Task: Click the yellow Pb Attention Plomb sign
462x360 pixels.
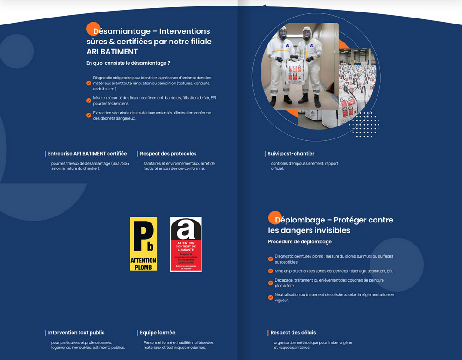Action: (143, 244)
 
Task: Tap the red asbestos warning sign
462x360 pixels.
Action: (186, 244)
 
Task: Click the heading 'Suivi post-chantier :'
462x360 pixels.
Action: (292, 154)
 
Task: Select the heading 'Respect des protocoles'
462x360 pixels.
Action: (168, 154)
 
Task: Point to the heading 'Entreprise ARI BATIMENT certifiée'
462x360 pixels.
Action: (87, 154)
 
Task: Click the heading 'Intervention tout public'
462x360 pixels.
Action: (76, 333)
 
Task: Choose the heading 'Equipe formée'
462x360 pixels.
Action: (158, 333)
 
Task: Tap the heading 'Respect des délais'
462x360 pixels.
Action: (293, 333)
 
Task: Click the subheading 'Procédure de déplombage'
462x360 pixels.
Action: (300, 242)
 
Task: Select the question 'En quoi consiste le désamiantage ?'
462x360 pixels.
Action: (128, 63)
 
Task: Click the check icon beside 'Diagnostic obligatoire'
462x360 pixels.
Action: (89, 84)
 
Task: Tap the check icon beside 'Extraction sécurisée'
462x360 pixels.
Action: (89, 115)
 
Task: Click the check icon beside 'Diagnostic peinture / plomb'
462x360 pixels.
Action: (271, 259)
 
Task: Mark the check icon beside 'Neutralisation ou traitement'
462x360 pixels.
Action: (271, 297)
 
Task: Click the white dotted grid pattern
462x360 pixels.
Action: (364, 125)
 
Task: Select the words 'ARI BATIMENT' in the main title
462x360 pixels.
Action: (112, 52)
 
